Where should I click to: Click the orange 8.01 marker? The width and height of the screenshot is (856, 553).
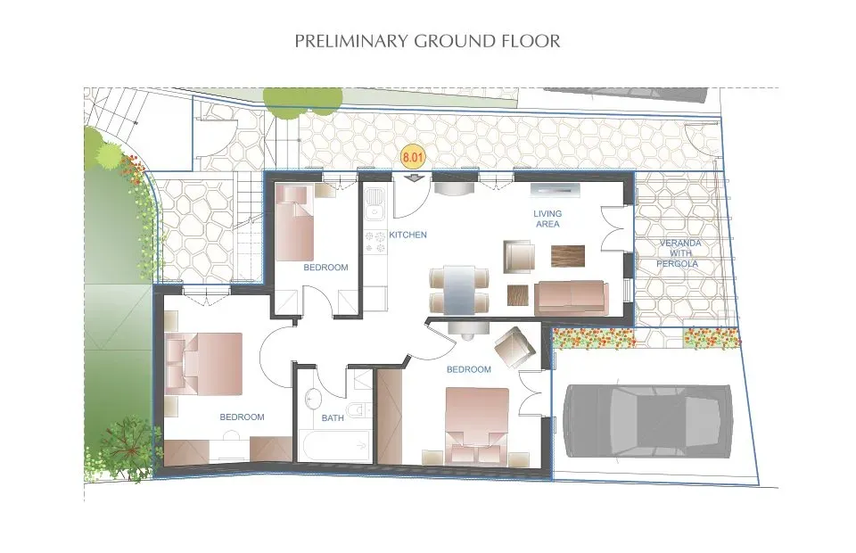[412, 158]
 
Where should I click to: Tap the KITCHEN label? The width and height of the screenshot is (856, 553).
[408, 235]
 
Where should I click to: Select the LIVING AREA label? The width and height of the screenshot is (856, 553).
[547, 219]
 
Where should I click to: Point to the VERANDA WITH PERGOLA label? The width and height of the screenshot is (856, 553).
[679, 253]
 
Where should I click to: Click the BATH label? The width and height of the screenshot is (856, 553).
[332, 418]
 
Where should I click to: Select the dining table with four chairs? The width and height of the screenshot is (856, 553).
[460, 288]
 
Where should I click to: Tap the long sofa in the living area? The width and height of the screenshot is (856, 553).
[571, 295]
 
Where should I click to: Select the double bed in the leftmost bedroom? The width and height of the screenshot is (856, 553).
[204, 363]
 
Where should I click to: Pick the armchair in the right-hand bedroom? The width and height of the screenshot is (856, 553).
[514, 348]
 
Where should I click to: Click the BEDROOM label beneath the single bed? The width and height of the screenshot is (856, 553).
[325, 268]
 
